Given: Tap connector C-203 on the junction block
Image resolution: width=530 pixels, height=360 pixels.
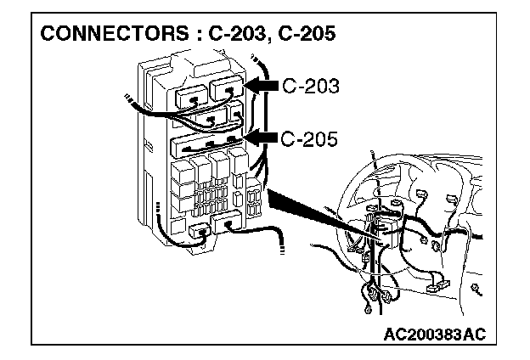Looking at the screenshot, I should [228, 92].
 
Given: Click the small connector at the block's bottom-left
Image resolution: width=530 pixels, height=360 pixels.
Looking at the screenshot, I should [201, 230].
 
